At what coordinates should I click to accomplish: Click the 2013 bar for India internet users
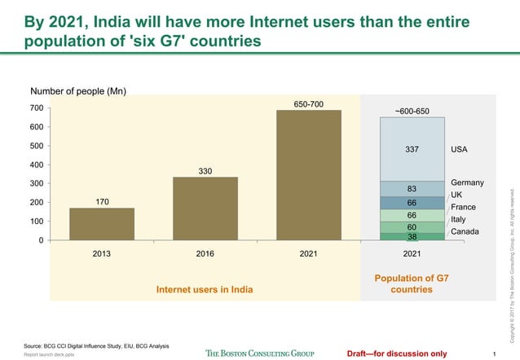(102, 224)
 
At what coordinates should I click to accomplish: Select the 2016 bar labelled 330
(205, 209)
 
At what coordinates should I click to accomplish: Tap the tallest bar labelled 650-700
(308, 175)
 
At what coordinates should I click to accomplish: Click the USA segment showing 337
(412, 149)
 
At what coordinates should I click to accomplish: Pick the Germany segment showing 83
(412, 189)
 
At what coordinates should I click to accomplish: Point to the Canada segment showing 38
(412, 236)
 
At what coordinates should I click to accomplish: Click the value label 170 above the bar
(102, 201)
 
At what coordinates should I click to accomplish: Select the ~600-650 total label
(412, 111)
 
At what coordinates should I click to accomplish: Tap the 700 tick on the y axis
(36, 108)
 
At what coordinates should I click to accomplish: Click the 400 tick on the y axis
(36, 165)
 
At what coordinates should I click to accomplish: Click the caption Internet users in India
(205, 289)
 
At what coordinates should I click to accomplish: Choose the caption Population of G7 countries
(412, 283)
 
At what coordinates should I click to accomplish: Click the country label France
(463, 208)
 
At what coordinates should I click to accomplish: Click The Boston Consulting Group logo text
(259, 353)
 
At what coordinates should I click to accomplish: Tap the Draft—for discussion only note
(396, 353)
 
